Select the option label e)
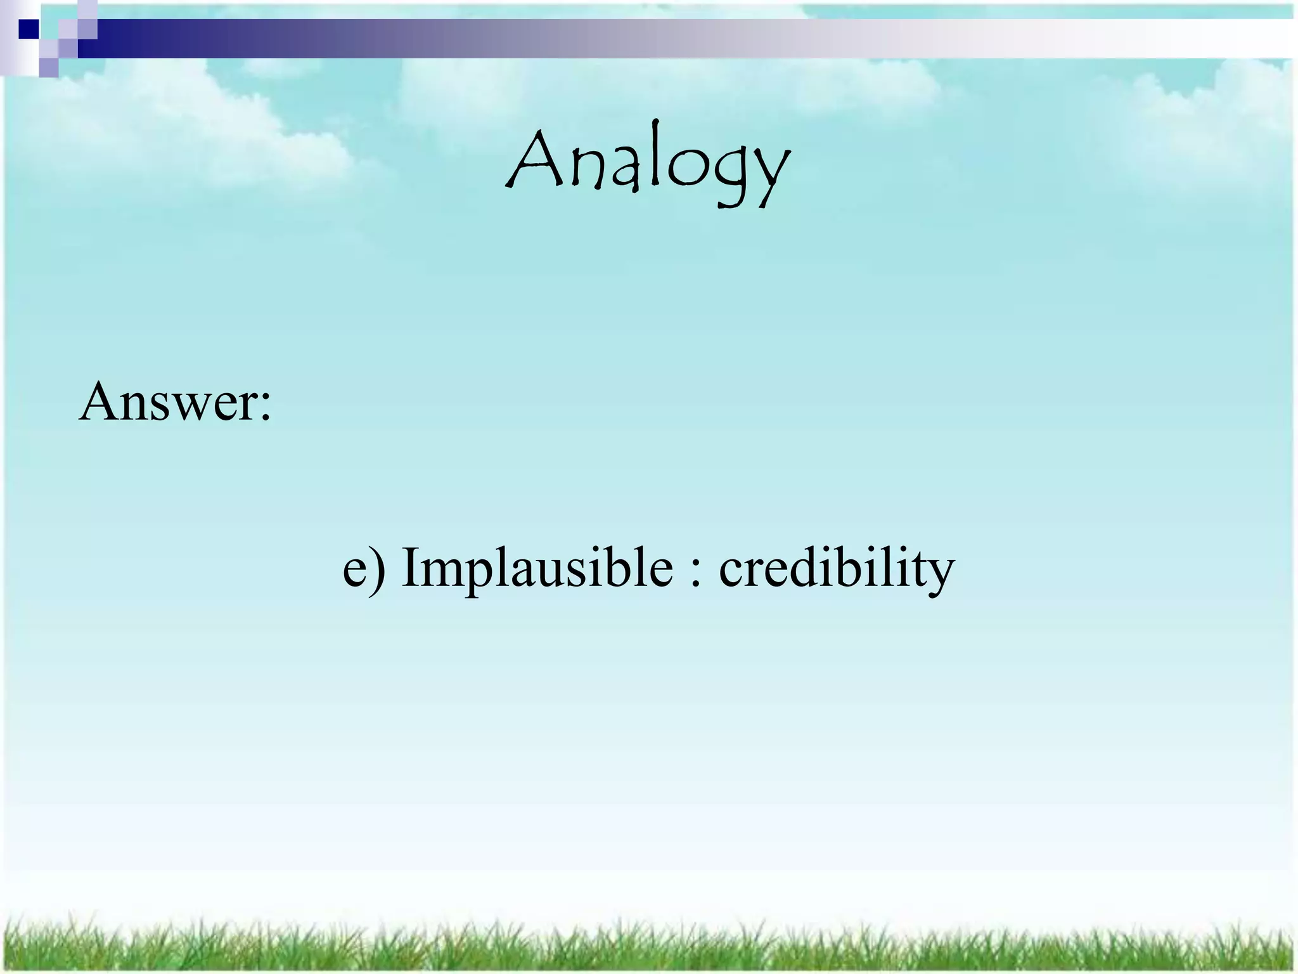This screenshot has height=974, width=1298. tap(363, 568)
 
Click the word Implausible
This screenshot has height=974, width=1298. tap(537, 568)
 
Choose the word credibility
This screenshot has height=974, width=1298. tap(836, 568)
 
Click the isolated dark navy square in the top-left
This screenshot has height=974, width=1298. tap(29, 29)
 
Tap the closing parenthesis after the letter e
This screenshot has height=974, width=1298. tap(378, 568)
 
